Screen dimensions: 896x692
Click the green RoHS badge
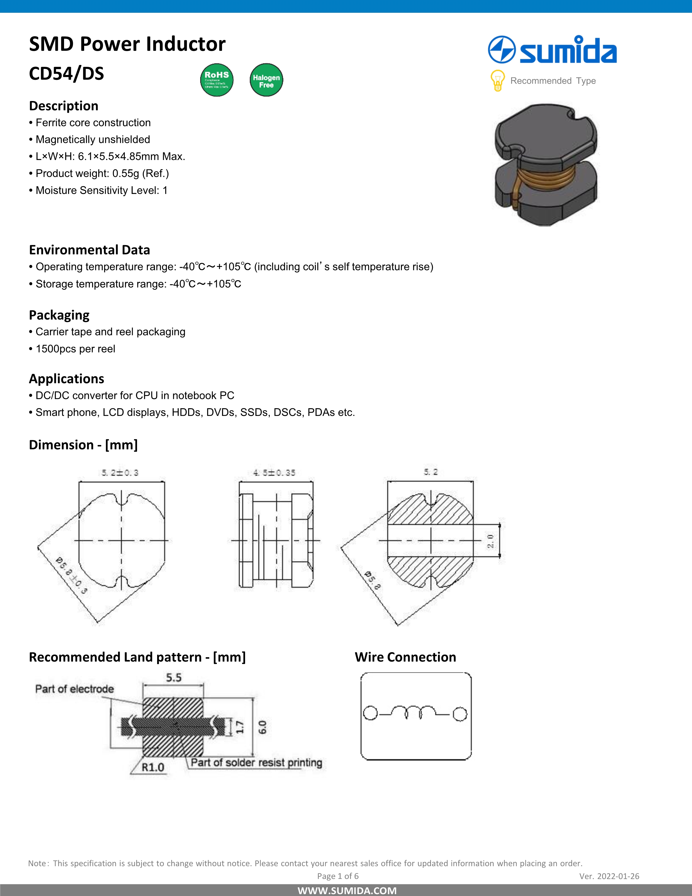point(217,80)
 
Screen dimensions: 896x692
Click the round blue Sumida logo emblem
point(501,50)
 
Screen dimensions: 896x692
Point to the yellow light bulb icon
point(497,80)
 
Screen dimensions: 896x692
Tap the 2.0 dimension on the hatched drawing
point(491,541)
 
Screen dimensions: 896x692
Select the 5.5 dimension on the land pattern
point(173,678)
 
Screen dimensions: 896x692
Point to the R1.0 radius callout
point(153,767)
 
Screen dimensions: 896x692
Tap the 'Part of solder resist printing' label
point(256,763)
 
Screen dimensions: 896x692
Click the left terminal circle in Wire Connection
point(370,714)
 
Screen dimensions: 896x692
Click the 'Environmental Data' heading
point(89,250)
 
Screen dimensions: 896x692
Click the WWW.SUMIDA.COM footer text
point(347,891)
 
